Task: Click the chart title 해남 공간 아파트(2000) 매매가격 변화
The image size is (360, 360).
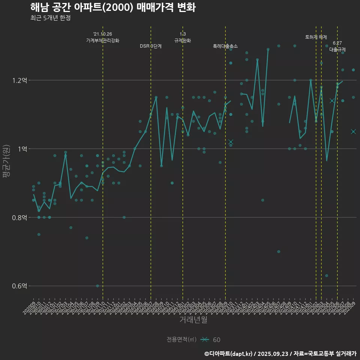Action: tap(112, 7)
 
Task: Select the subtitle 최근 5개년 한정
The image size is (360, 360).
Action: tap(50, 18)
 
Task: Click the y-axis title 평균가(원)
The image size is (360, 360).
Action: tap(6, 161)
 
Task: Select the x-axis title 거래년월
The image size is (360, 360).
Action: tap(193, 320)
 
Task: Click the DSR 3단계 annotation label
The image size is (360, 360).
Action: tap(151, 46)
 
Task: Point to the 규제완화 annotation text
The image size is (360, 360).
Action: tap(183, 40)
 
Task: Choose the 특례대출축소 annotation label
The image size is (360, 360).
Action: tap(225, 46)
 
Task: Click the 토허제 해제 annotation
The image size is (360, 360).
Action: tap(316, 37)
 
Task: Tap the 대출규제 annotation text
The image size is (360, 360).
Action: tap(337, 49)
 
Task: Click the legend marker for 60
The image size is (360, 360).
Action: tap(204, 340)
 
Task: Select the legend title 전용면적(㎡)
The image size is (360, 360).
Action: tap(181, 340)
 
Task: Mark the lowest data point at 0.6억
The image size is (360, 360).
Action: tap(97, 286)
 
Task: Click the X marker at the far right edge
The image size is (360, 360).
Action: tap(353, 132)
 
